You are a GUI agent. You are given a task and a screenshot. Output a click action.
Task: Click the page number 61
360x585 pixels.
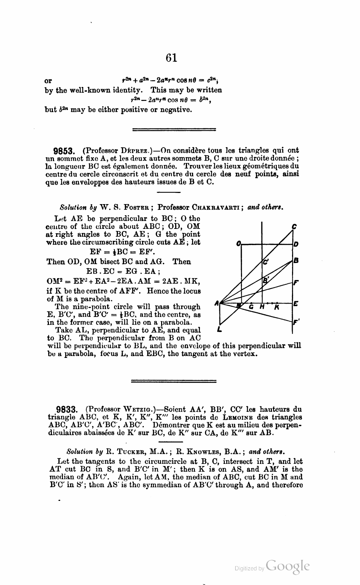pos(172,57)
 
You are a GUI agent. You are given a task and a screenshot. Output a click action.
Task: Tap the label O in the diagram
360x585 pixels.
pos(238,244)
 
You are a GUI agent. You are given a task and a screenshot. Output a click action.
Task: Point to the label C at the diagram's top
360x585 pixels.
pos(294,227)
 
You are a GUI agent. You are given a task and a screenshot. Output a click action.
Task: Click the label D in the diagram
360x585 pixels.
pos(296,244)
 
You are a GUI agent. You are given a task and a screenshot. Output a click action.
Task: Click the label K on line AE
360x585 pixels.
pos(277,308)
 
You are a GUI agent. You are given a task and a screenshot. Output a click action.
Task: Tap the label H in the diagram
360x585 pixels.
pos(262,308)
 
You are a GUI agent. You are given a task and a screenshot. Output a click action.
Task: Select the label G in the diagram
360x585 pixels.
pos(251,308)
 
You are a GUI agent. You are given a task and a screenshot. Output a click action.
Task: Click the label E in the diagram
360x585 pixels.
pos(296,304)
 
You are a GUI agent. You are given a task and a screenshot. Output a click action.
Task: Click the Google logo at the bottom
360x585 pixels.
pos(288,566)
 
